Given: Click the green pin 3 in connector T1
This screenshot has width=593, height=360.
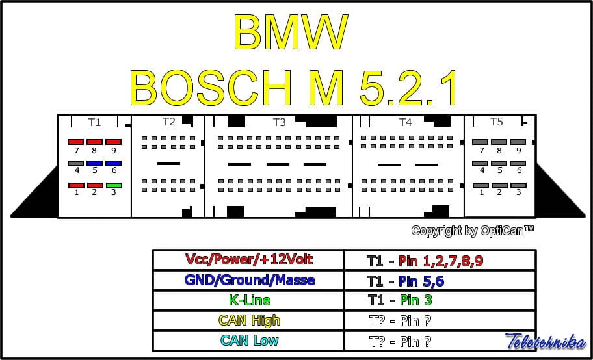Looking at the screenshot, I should [114, 185].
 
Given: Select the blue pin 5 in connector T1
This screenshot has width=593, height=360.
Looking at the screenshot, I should [95, 164].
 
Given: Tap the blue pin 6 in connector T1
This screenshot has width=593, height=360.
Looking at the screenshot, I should [114, 164].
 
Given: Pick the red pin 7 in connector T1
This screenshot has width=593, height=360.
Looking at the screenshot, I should [76, 142].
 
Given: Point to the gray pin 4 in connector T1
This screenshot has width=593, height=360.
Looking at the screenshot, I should [76, 164].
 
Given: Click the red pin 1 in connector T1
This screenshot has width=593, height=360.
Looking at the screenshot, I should [76, 185].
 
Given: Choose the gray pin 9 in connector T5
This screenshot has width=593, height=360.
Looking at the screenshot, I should [518, 142].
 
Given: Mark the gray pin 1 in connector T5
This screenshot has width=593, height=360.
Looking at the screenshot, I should [481, 185].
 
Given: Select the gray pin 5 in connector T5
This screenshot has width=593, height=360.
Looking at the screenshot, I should [499, 164].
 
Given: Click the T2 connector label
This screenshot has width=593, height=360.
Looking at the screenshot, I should [169, 122].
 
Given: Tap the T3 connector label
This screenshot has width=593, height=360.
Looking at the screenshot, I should [279, 122].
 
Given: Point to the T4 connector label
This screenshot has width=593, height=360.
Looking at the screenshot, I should [405, 122].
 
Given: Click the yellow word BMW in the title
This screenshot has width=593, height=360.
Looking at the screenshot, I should [291, 32].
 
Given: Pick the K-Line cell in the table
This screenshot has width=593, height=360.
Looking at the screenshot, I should [250, 300].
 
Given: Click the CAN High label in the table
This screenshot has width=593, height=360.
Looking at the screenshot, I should [250, 320].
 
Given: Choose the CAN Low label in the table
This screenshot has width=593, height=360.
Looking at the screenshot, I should [250, 341].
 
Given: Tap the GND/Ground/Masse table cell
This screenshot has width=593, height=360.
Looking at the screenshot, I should [250, 280].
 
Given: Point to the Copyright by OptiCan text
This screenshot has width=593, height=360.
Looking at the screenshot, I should [472, 231].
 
